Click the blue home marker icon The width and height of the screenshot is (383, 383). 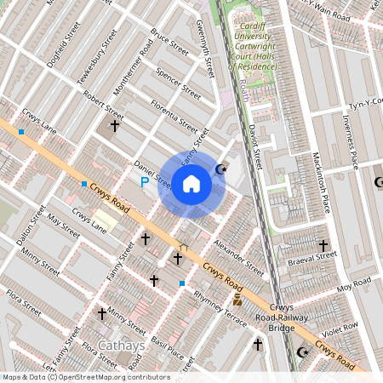(x=191, y=183)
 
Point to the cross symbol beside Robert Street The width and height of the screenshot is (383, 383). (x=115, y=126)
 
